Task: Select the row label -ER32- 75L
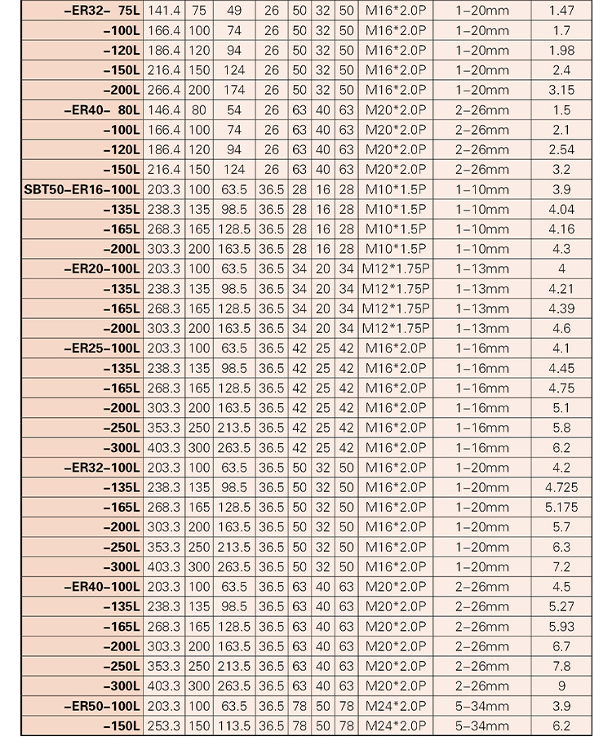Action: tap(101, 11)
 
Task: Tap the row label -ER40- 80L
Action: tap(101, 110)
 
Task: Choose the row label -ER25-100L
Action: tap(101, 348)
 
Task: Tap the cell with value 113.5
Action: tap(234, 726)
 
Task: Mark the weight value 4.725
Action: tap(561, 487)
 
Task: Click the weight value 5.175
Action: tap(561, 507)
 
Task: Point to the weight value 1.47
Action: tap(561, 11)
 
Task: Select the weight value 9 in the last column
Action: tap(561, 686)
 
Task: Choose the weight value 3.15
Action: tap(561, 91)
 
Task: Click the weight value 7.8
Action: tap(561, 666)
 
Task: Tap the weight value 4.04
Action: tap(561, 210)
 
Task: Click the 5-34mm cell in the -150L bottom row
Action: tap(481, 726)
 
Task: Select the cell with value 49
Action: tap(234, 11)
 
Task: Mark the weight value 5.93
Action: tap(561, 626)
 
